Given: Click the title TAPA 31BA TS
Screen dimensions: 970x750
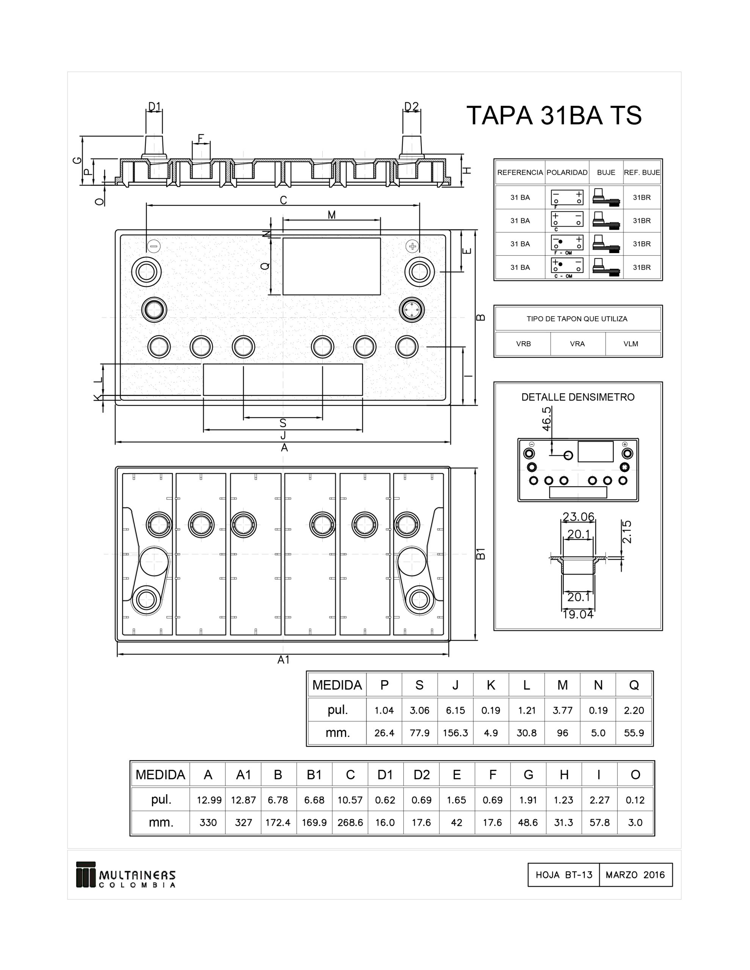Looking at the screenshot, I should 554,116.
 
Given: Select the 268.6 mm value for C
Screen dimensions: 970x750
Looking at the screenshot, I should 350,823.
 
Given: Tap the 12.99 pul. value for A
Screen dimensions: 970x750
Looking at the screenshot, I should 209,800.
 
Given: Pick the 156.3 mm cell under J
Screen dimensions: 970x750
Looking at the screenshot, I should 455,733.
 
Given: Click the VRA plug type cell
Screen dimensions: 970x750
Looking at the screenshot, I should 577,344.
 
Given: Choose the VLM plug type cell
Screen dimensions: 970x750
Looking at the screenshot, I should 631,344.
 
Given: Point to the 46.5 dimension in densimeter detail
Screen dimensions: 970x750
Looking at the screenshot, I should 546,418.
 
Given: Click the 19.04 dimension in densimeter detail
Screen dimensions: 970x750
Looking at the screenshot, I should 577,614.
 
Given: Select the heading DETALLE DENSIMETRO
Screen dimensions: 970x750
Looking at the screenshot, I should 577,397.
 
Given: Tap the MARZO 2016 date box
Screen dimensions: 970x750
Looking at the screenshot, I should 635,875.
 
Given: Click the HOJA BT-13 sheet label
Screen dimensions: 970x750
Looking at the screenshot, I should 563,875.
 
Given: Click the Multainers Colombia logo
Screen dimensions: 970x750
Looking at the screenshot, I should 126,875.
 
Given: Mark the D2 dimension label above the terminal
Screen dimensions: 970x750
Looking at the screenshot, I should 411,106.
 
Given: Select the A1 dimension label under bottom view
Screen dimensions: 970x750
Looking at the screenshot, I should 283,660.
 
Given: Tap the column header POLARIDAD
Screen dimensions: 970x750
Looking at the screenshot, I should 567,172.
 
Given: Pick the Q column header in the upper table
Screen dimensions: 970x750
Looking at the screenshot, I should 634,685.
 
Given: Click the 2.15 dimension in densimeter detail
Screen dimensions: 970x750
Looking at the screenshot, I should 627,532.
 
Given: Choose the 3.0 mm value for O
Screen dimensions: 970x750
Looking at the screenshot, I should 635,823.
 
